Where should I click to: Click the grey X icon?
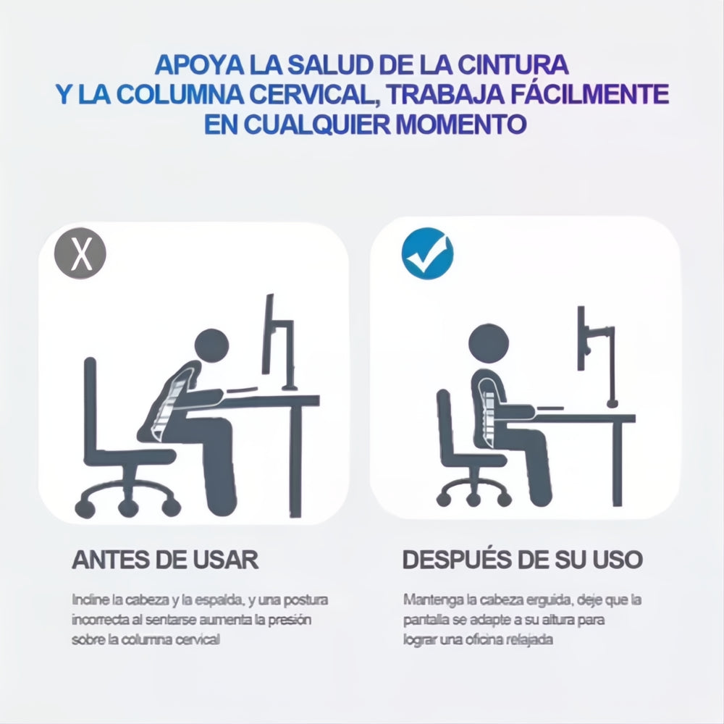pos(80,255)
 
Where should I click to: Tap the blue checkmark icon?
pos(427,254)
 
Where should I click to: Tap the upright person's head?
pos(489,342)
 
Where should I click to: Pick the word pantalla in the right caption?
pos(424,620)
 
